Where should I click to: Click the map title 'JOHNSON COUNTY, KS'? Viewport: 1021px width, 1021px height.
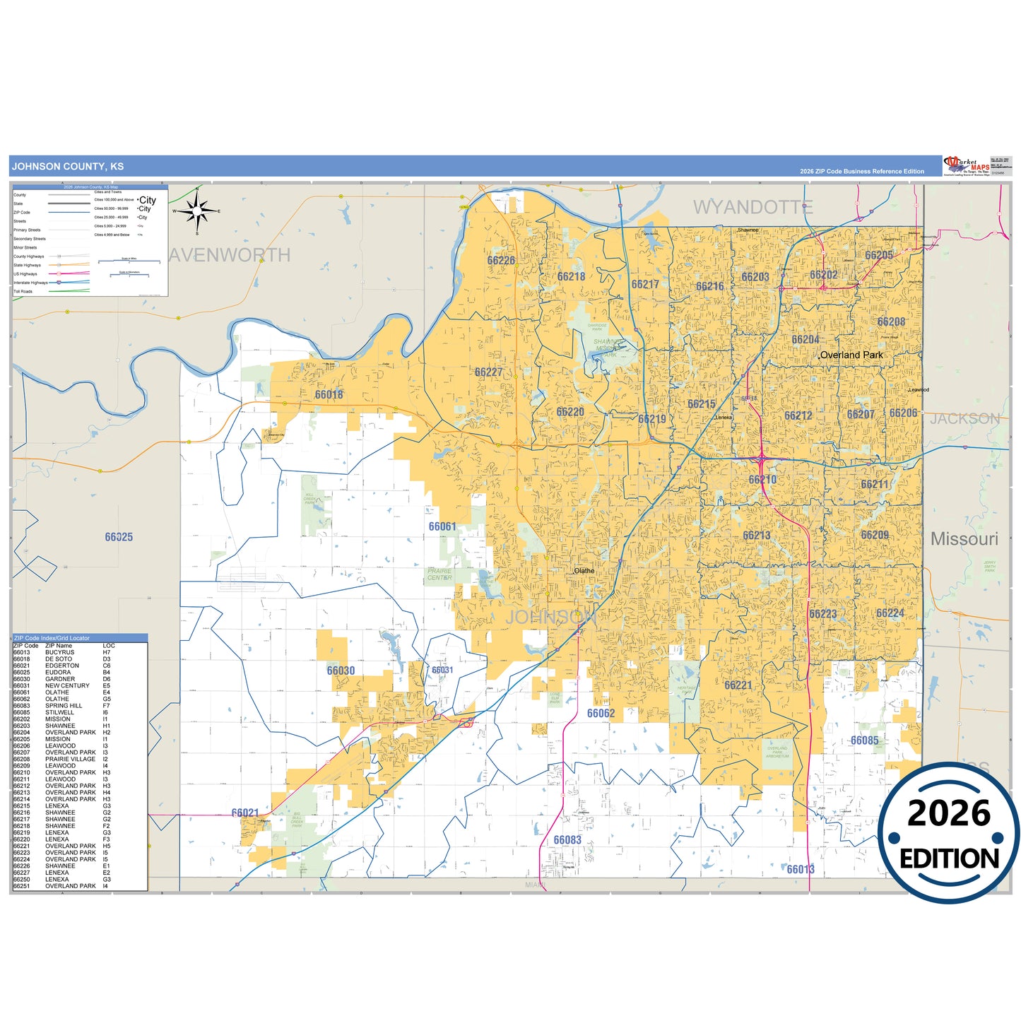pos(68,167)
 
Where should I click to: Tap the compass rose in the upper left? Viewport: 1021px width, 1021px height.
pos(197,211)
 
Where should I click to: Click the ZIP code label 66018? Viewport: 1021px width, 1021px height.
pos(329,395)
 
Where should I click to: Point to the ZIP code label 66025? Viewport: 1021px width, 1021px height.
pos(119,537)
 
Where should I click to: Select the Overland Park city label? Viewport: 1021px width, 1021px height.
pos(851,355)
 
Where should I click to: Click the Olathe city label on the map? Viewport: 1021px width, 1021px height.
pos(584,571)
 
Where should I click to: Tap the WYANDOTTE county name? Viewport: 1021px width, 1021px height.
pos(753,207)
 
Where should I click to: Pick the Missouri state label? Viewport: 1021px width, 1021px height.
pos(964,539)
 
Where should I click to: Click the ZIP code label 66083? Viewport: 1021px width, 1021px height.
pos(567,840)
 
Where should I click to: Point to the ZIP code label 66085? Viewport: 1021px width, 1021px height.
pos(864,740)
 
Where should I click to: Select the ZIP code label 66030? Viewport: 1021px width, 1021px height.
pos(341,671)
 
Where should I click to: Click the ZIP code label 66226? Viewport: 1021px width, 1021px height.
pos(501,261)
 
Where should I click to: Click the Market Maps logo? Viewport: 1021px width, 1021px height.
pos(967,166)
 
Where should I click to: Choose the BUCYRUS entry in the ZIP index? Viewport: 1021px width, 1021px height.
pos(59,652)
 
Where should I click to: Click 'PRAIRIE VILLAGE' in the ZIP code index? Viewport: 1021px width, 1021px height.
pos(70,760)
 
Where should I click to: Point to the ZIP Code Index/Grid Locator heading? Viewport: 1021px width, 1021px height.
pos(52,638)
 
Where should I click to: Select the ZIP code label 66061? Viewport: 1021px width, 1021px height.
pos(442,526)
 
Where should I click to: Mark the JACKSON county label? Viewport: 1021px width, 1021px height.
pos(964,419)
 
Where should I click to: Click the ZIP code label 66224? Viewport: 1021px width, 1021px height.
pos(890,613)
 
